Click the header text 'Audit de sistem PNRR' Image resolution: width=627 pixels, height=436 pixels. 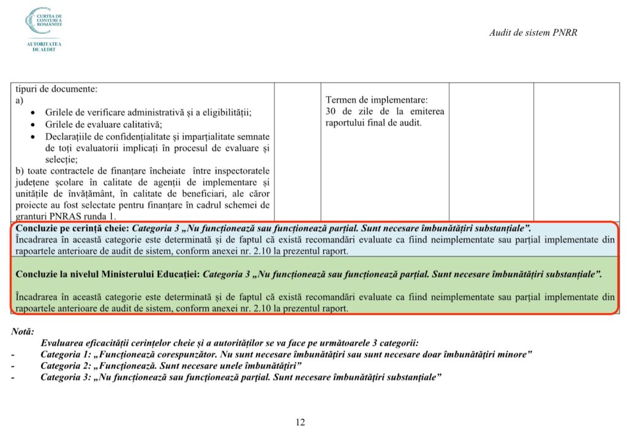[x=533, y=32]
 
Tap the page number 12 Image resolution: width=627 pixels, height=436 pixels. [x=300, y=422]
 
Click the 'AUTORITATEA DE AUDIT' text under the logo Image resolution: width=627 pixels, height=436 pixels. [x=44, y=46]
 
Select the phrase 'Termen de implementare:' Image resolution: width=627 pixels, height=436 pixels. [x=377, y=100]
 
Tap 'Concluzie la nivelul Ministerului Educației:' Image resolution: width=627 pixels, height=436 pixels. [x=108, y=274]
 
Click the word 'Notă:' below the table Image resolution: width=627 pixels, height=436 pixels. [x=23, y=331]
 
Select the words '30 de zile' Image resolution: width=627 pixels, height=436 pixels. [x=347, y=111]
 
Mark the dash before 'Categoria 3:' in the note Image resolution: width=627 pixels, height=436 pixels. [x=13, y=377]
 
